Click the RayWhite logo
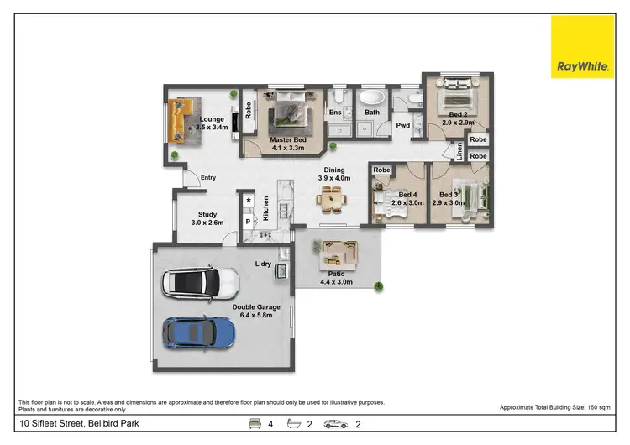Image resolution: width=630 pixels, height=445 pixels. pyautogui.click(x=582, y=46)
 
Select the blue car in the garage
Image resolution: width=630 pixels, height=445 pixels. pyautogui.click(x=200, y=332)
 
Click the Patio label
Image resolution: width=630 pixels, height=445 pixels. pyautogui.click(x=336, y=278)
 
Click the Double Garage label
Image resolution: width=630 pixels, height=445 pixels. pyautogui.click(x=256, y=311)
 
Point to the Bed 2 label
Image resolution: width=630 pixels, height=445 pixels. pyautogui.click(x=457, y=118)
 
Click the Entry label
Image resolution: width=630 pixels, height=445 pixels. pyautogui.click(x=208, y=177)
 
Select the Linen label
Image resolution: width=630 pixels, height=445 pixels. pyautogui.click(x=459, y=152)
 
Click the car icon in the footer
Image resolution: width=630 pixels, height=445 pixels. pyautogui.click(x=336, y=424)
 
